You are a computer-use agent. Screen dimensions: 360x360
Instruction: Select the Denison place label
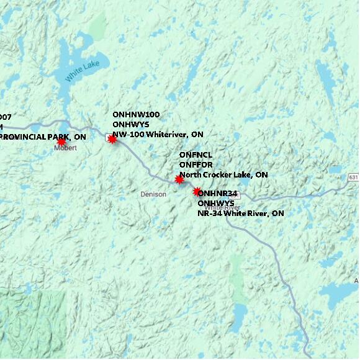153,194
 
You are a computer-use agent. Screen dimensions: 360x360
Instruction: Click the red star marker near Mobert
61,142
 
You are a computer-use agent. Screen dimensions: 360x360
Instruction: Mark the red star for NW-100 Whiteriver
112,139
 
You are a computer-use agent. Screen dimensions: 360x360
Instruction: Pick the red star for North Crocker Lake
179,179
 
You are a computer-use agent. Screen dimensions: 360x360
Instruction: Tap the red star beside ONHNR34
197,192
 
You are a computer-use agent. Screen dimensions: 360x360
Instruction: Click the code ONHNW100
136,115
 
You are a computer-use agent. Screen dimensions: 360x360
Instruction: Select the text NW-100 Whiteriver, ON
158,134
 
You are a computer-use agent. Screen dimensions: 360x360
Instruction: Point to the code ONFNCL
196,155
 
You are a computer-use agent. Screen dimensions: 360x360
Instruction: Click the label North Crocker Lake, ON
223,175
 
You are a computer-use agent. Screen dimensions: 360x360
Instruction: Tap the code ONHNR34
218,193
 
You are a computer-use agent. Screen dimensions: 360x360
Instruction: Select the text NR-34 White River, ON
240,214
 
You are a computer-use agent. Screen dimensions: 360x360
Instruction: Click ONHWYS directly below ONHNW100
130,124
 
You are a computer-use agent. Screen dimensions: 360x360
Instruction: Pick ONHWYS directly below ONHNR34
216,203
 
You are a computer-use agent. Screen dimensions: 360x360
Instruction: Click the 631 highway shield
353,178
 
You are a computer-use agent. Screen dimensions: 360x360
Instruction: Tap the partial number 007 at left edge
6,117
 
